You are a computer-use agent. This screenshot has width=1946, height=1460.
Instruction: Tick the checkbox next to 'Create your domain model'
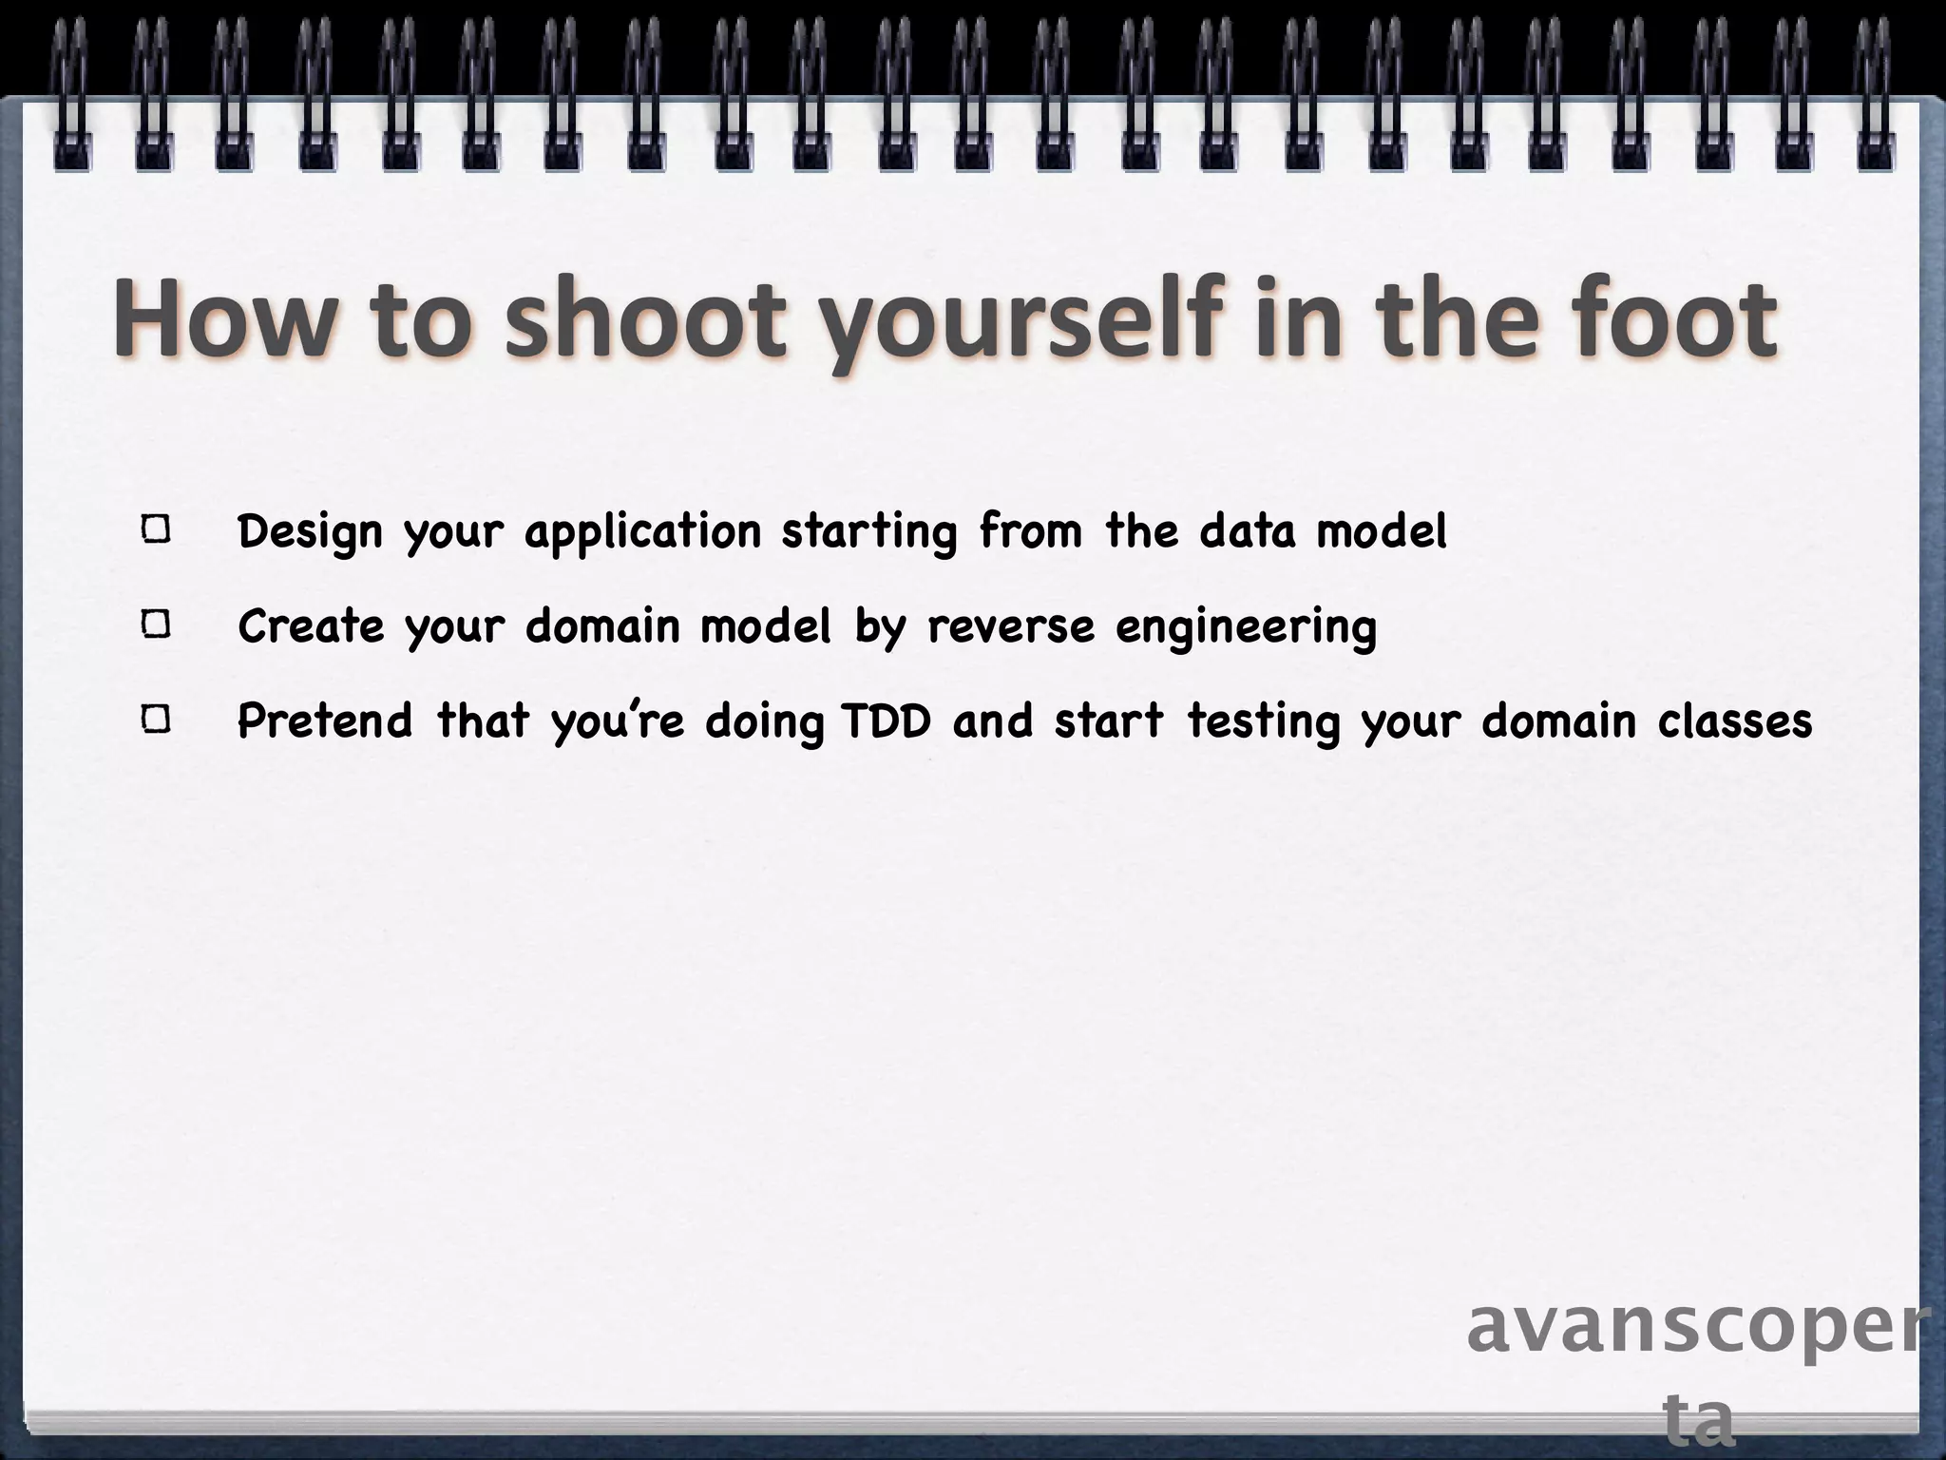click(x=157, y=625)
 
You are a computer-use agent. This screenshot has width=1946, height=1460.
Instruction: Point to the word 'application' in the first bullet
click(x=643, y=532)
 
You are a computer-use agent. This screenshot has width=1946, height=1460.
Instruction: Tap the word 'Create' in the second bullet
click(x=311, y=626)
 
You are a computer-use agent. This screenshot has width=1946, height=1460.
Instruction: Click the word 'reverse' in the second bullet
click(x=1011, y=626)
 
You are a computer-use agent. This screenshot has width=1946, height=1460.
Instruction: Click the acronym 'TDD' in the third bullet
click(x=887, y=721)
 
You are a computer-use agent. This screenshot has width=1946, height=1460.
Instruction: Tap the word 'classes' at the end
click(x=1735, y=721)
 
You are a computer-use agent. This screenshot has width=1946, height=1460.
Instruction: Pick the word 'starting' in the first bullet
click(x=869, y=532)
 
